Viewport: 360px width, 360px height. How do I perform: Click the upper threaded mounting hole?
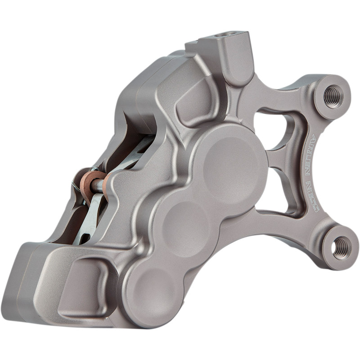pos(333,96)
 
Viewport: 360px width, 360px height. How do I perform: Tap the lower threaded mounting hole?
pos(340,247)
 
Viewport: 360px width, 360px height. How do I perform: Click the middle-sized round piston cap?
pos(186,223)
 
